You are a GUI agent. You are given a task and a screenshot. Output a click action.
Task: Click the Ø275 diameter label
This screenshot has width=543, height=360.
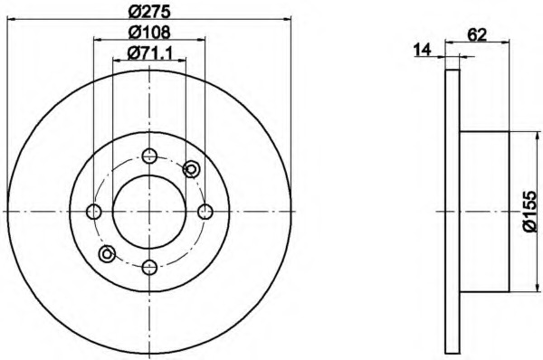[x=149, y=12]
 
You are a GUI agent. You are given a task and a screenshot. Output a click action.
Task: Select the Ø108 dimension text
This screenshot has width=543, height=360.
[x=149, y=33]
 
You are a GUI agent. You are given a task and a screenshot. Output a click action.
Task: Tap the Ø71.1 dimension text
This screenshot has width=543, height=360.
[x=149, y=52]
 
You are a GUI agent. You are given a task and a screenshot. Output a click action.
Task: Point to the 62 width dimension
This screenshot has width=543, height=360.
[x=477, y=34]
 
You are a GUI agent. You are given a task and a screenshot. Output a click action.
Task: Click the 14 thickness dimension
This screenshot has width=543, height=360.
[x=422, y=50]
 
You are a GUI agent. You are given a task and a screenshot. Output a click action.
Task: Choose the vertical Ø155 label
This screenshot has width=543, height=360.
[x=529, y=212]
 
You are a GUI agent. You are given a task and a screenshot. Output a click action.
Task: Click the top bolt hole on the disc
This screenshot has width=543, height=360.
[x=149, y=156]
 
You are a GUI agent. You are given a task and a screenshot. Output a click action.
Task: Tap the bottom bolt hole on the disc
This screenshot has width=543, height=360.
[x=149, y=267]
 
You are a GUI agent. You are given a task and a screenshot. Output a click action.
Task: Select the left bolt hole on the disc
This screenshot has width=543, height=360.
[x=94, y=212]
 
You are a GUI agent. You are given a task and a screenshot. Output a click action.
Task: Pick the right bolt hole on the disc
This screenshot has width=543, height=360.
[x=205, y=212]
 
